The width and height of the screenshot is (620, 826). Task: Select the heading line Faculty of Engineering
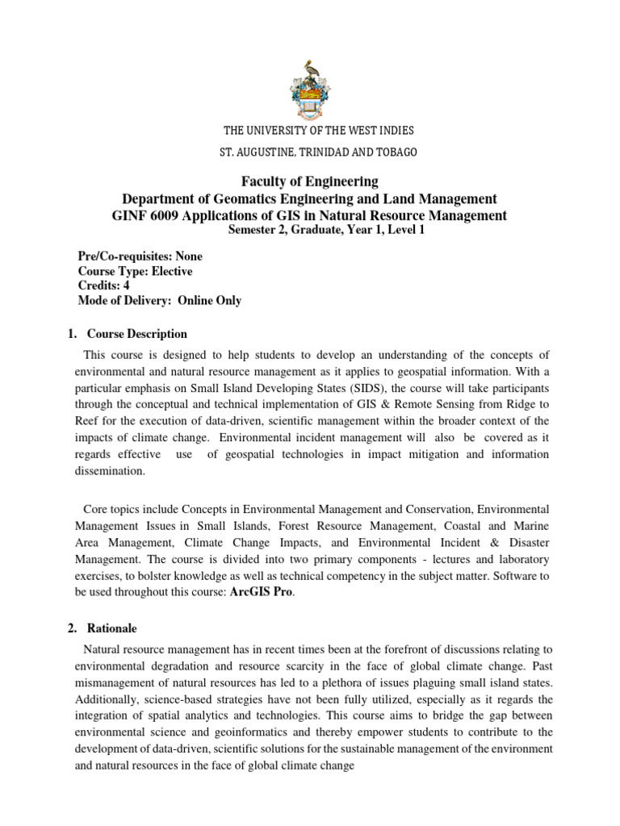[x=309, y=181]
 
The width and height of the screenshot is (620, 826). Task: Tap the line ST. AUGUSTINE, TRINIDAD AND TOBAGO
[x=310, y=152]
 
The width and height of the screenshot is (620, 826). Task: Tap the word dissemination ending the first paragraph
[x=110, y=471]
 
